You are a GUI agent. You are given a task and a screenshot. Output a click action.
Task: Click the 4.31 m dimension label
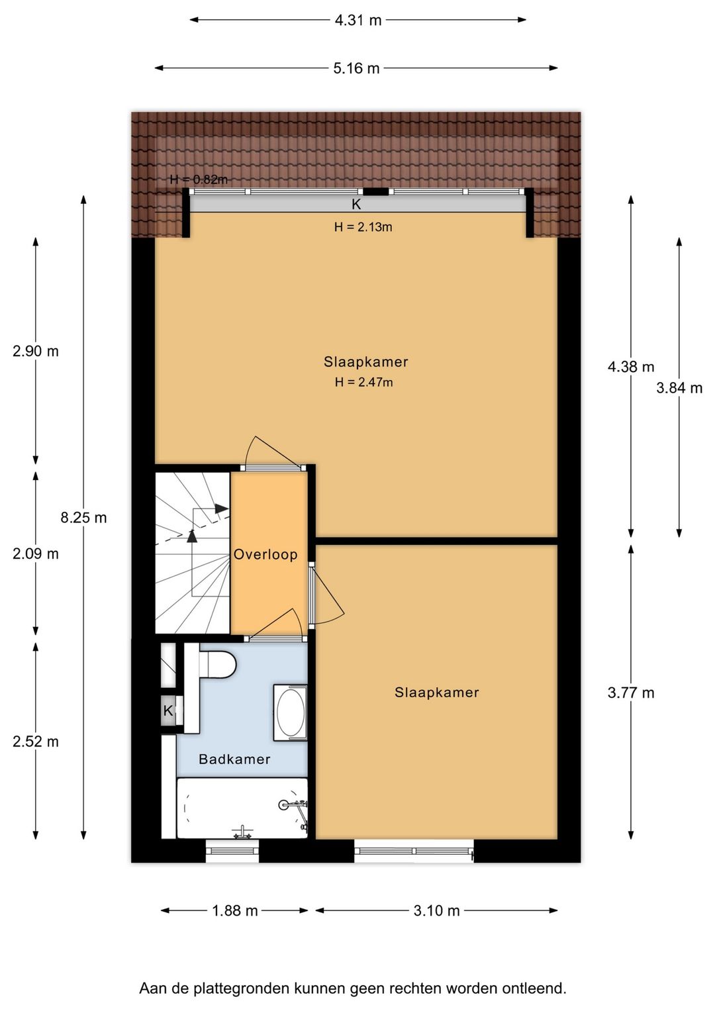[x=358, y=21]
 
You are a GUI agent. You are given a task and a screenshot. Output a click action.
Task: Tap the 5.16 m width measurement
[x=356, y=69]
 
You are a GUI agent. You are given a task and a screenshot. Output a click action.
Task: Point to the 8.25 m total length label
[x=83, y=518]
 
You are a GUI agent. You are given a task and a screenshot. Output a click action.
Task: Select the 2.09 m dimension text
[x=36, y=554]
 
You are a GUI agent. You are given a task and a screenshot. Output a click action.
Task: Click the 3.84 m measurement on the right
[x=679, y=388]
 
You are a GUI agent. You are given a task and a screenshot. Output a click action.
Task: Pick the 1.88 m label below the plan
[x=235, y=911]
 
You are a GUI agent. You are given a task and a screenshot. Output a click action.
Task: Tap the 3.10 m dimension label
[x=436, y=911]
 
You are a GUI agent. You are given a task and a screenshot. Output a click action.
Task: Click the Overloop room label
[x=265, y=554]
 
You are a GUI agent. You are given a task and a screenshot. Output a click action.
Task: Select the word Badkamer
[x=234, y=759]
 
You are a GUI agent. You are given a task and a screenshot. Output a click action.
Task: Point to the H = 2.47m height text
[x=364, y=382]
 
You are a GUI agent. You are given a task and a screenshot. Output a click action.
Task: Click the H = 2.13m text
[x=363, y=227]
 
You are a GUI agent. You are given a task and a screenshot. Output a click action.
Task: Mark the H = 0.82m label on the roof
[x=199, y=179]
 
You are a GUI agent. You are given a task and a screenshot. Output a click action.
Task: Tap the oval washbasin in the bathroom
[x=290, y=713]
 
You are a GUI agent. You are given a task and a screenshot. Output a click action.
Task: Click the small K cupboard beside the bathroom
[x=168, y=711]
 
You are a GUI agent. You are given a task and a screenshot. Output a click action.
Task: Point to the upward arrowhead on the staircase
[x=192, y=535]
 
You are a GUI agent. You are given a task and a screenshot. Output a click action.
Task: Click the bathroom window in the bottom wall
[x=232, y=851]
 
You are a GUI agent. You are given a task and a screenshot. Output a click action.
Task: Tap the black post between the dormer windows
[x=375, y=192]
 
